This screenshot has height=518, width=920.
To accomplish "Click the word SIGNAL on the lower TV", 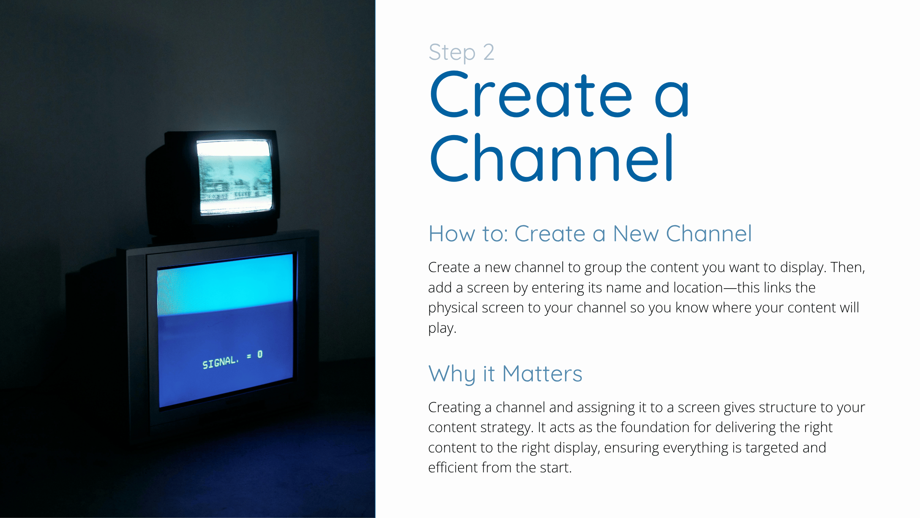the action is (x=220, y=362).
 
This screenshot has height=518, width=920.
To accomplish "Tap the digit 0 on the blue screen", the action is (x=260, y=354).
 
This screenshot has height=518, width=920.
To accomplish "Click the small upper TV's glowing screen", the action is (x=235, y=176).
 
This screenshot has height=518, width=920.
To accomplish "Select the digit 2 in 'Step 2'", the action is (x=489, y=52).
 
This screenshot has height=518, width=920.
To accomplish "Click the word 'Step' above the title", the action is (x=452, y=53).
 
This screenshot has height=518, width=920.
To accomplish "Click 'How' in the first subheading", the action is (x=452, y=234).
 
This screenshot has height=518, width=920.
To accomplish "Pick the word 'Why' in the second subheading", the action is (x=452, y=374).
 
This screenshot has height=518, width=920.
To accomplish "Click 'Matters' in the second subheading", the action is (x=542, y=374).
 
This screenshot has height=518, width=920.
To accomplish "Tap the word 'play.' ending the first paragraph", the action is (x=442, y=328).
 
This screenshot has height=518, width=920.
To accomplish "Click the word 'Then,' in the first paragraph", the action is (x=848, y=267).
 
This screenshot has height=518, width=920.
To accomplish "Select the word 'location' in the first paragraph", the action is (x=698, y=288).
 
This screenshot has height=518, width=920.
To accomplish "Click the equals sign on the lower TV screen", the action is (x=249, y=356).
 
